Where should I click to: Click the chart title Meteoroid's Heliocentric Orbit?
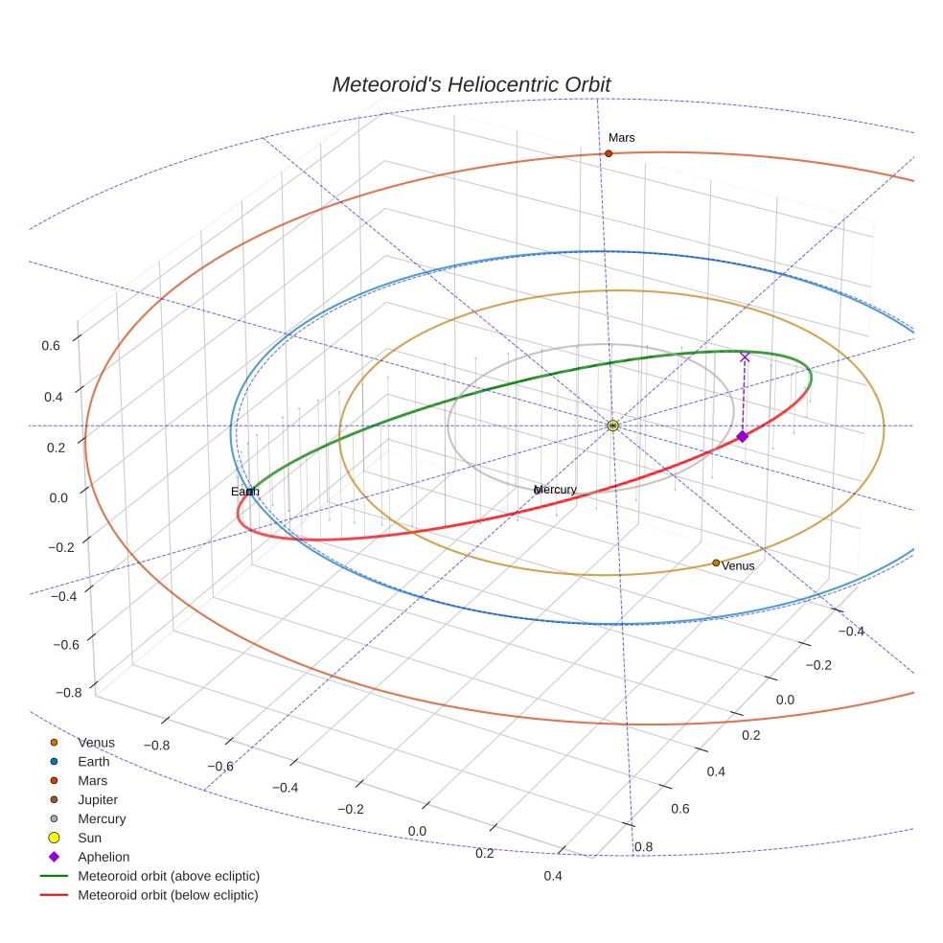pos(471,84)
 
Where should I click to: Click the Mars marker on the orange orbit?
pos(609,153)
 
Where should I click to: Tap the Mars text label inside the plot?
pos(621,138)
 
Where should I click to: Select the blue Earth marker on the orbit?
pos(250,492)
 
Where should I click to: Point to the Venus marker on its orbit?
pos(716,563)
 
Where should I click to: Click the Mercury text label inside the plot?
pos(556,490)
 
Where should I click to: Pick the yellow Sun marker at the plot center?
pos(613,425)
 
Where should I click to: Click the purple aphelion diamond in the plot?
pos(742,436)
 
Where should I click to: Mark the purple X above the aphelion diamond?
pos(745,357)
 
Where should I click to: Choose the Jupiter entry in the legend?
pos(98,799)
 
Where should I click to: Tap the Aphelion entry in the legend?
pos(103,857)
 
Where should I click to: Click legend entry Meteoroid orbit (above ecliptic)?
pos(168,876)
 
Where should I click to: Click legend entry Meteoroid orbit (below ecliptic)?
pos(168,895)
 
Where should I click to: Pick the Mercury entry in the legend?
pos(102,818)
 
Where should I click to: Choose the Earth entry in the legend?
pos(93,762)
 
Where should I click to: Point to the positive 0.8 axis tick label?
pos(643,846)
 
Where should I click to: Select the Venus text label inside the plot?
pos(738,565)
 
